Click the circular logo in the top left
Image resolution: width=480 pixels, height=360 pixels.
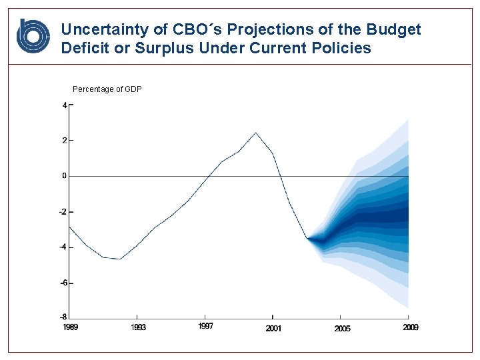[x=33, y=36]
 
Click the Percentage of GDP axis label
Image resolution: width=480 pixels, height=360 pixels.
[x=107, y=89]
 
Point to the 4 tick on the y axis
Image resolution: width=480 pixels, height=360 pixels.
[x=65, y=105]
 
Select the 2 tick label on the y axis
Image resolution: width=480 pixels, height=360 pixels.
[x=65, y=141]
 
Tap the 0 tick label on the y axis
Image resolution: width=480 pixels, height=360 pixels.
[x=65, y=176]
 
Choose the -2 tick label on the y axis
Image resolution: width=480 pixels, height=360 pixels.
[x=63, y=212]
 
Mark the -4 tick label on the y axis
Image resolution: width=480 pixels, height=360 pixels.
[x=63, y=247]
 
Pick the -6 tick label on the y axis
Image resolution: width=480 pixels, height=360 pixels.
[x=63, y=283]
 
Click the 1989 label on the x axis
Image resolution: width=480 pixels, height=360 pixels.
[x=70, y=327]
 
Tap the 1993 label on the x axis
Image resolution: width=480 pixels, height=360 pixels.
[x=138, y=327]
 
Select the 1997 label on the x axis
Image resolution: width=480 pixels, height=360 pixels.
[x=206, y=327]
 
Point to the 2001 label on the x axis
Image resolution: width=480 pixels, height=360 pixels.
[x=273, y=328]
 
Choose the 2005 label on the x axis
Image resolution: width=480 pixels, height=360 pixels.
[x=342, y=328]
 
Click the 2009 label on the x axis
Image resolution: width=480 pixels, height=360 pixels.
[x=410, y=327]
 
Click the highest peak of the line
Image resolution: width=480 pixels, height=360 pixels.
[x=255, y=133]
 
